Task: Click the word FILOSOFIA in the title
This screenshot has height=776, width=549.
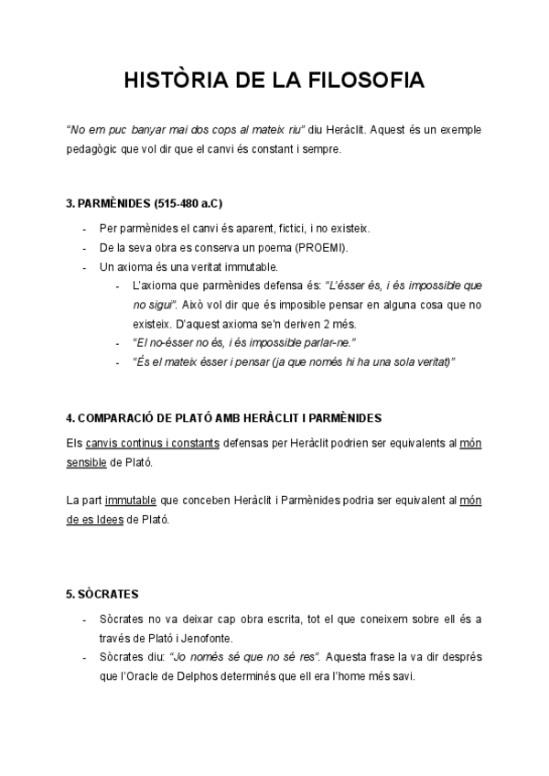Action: [x=368, y=81]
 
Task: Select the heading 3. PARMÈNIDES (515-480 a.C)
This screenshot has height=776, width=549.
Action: [x=145, y=201]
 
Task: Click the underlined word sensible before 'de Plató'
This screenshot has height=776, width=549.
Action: [x=86, y=463]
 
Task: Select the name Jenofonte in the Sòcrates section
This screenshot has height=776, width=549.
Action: [x=207, y=638]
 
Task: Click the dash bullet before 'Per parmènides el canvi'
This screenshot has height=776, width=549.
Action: [x=84, y=229]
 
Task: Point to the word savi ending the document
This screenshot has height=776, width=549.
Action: [x=402, y=677]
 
